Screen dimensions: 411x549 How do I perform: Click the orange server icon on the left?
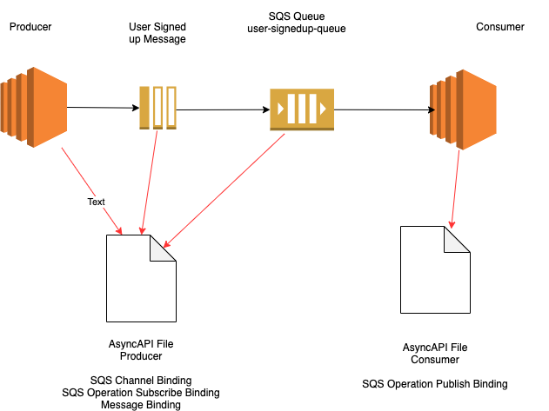point(35,107)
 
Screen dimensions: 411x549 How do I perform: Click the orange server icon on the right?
point(464,109)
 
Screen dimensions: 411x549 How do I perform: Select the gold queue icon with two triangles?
point(301,109)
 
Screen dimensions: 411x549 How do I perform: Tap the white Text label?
point(96,202)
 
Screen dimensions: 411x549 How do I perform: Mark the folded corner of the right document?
point(457,239)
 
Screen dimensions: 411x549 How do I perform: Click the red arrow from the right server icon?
point(455,187)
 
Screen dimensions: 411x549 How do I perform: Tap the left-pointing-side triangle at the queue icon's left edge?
point(280,109)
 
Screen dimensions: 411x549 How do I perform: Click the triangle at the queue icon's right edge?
point(323,109)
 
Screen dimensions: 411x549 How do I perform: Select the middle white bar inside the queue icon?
point(302,109)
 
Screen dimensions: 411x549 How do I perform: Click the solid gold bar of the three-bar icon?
point(144,107)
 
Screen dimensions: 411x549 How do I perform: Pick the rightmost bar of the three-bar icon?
point(171,107)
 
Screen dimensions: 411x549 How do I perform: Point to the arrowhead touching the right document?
point(452,224)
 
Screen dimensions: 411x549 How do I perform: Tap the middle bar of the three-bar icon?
point(157,107)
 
